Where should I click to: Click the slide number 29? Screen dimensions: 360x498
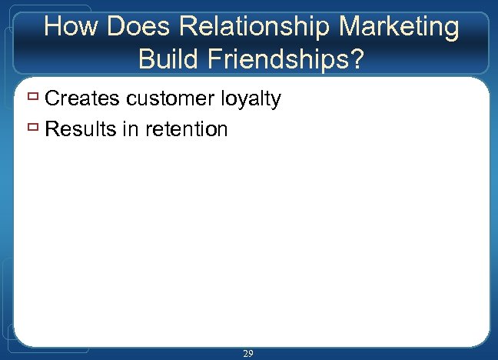[248, 353]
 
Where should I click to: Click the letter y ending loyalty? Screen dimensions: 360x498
[276, 101]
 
